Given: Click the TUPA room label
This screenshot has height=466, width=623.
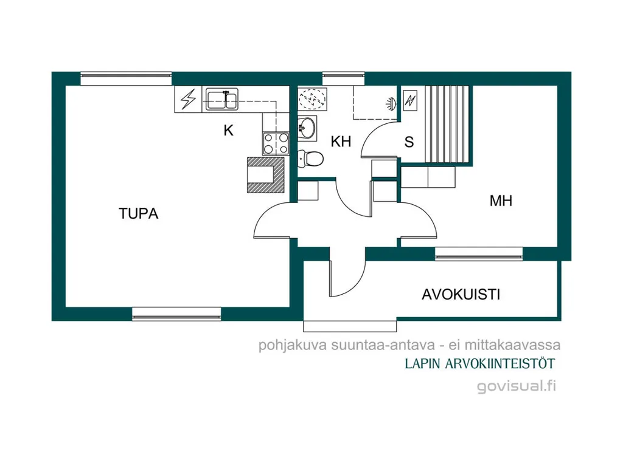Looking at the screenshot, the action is (138, 213).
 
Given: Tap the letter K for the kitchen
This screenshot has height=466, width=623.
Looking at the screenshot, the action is (228, 130).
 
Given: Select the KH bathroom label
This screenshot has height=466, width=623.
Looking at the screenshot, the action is (341, 142).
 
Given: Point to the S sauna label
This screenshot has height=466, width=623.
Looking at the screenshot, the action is (409, 142).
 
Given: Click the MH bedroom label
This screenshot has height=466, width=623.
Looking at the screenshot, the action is (501, 201).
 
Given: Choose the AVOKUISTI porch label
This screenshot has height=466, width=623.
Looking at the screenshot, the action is (461, 295).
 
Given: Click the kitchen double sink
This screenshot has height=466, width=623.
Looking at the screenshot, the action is (222, 99).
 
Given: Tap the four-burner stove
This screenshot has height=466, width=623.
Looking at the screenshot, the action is (276, 143).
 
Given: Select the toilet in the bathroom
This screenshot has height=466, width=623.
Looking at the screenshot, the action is (310, 159).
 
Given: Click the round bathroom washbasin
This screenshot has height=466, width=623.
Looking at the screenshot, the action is (307, 128).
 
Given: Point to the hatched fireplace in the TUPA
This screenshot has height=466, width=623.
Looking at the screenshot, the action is (266, 175).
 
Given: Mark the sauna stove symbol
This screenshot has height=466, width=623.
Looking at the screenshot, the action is (409, 100).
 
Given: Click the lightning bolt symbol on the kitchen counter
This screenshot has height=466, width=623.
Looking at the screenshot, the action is (189, 99).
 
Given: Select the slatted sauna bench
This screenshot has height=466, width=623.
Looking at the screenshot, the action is (448, 124).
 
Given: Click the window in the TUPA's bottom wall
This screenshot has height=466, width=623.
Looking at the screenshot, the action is (176, 314).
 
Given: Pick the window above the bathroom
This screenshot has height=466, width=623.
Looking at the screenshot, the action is (343, 78).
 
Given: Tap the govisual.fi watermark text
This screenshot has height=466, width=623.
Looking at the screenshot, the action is (517, 386).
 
